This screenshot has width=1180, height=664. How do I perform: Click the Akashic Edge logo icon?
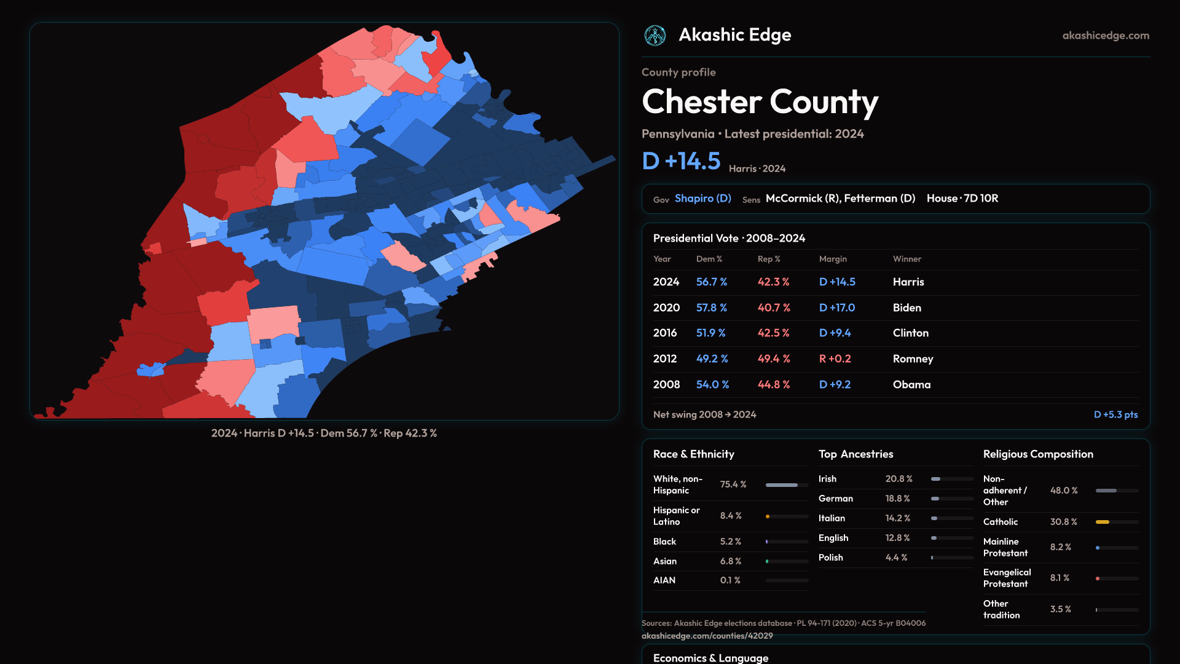coord(655,36)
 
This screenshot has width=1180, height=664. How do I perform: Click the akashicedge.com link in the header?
coord(1106,36)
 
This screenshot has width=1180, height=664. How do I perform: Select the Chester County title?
coord(760,102)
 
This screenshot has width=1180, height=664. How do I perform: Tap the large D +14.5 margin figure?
coord(681,161)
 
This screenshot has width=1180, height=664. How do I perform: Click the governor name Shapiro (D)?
coord(702,199)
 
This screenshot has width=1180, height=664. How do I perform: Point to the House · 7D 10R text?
coord(962,199)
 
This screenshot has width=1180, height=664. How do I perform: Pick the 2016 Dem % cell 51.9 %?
coord(710,333)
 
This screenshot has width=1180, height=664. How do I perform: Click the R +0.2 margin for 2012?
coord(835,359)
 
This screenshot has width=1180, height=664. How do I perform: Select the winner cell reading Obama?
coord(911,385)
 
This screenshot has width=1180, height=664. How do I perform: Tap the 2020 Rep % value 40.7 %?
coord(774,308)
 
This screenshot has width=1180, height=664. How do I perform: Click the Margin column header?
coord(833,259)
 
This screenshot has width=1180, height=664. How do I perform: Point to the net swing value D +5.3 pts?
coord(1115,415)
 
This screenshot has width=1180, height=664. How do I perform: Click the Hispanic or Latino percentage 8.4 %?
coord(731,516)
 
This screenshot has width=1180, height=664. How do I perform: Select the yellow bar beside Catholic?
coord(1103,522)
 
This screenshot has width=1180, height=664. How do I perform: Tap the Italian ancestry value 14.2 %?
coord(897,518)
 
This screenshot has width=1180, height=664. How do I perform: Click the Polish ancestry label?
coord(830,558)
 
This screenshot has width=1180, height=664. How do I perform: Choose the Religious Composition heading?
coord(1037,454)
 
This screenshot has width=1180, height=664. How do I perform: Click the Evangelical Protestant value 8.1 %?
coord(1060,578)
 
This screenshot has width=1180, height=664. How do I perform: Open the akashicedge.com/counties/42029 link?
coord(707,636)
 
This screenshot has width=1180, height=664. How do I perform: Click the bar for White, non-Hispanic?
coord(782,485)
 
